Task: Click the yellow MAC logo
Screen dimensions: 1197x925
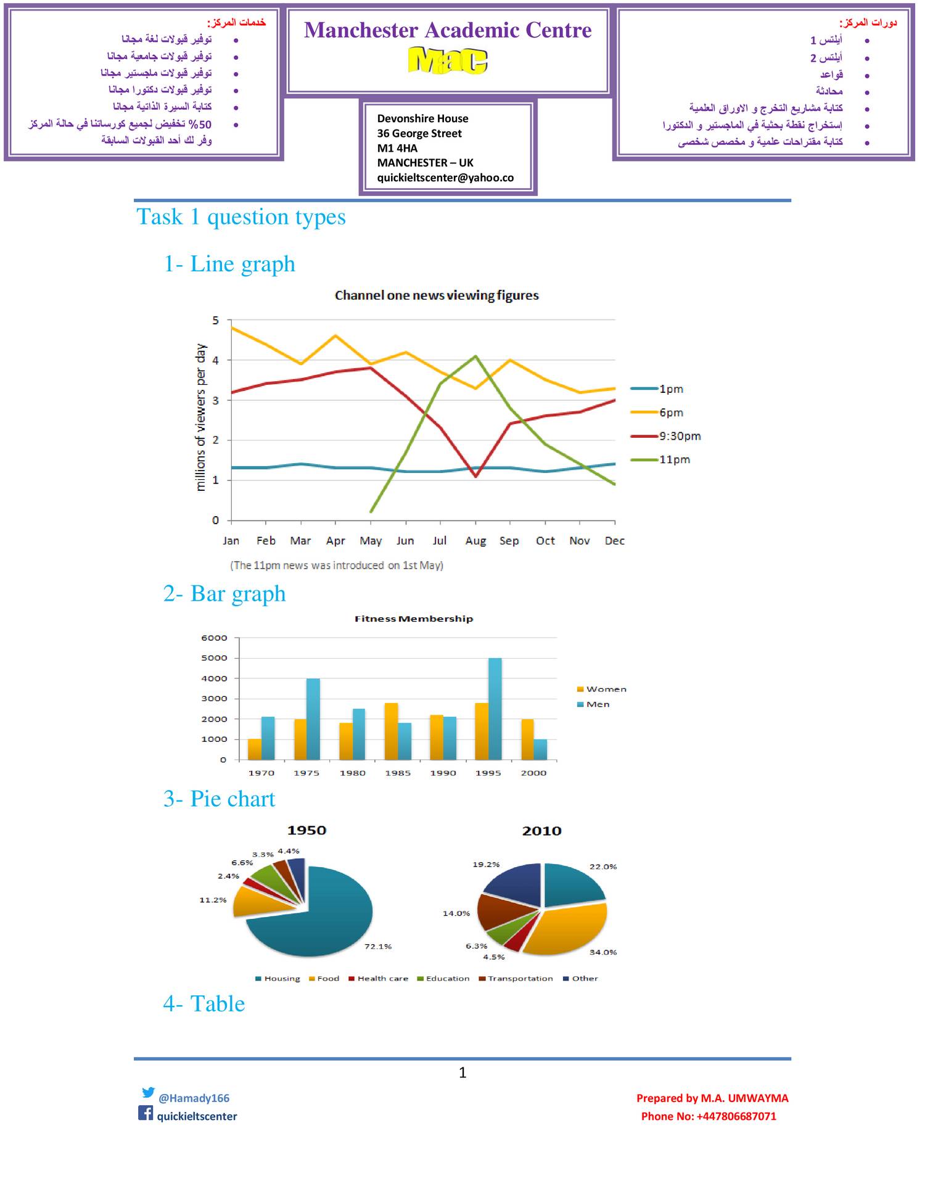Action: coord(448,60)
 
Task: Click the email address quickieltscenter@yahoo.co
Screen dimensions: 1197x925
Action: coord(445,178)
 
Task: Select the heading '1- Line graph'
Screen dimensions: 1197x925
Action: coord(229,264)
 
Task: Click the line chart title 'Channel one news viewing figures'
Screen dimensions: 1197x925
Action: coord(437,295)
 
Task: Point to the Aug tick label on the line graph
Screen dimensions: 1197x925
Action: coord(475,541)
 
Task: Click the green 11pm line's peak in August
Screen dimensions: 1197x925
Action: coord(475,356)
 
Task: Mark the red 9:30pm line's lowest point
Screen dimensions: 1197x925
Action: coord(475,476)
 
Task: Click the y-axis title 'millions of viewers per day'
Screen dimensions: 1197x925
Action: coord(200,418)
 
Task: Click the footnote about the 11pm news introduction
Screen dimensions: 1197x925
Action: coord(337,565)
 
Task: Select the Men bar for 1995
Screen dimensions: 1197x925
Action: coord(495,709)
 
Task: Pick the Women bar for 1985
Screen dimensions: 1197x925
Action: coord(391,731)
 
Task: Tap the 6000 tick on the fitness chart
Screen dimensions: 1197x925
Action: coord(214,638)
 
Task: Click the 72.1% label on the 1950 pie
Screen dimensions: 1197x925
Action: coord(377,946)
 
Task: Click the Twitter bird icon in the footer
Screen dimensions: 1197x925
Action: coord(148,1092)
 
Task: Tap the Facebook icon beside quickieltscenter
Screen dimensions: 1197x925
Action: coord(146,1113)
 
